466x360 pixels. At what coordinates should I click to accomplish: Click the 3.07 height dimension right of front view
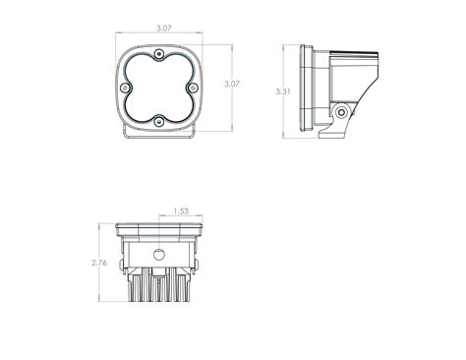coord(231,84)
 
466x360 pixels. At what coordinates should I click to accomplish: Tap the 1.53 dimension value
coord(180,210)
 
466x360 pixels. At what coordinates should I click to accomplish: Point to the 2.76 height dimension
coord(96,264)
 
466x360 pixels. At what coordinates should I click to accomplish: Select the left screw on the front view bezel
coord(130,90)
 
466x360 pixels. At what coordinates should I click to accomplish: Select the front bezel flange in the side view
coord(303,90)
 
